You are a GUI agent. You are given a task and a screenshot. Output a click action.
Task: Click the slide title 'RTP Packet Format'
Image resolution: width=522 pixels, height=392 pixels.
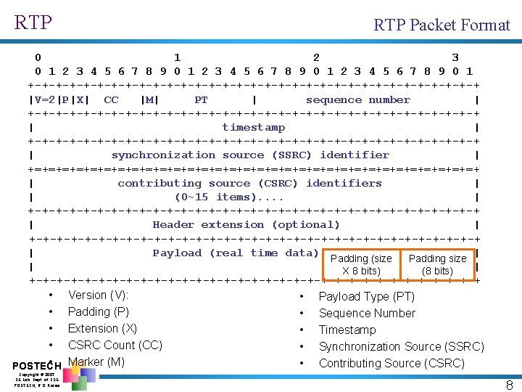tap(442, 25)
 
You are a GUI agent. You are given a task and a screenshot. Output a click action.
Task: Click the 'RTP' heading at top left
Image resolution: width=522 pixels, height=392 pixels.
tap(33, 23)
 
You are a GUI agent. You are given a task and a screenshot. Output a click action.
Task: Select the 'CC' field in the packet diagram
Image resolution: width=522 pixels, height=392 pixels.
tap(111, 100)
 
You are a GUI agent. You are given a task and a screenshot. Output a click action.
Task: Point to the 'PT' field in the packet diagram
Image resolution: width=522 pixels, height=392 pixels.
tap(201, 100)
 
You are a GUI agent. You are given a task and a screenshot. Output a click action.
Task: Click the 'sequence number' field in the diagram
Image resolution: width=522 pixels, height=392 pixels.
tap(357, 100)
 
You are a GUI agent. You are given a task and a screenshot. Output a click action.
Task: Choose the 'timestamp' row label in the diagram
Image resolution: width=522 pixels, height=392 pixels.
tap(253, 128)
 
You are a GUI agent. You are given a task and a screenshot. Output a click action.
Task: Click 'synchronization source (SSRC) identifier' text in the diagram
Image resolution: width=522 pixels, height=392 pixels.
tap(250, 155)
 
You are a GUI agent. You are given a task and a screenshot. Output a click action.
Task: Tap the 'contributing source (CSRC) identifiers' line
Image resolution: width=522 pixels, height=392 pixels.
tap(249, 184)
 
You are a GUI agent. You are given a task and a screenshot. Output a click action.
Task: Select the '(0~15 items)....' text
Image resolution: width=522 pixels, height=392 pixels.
tap(229, 197)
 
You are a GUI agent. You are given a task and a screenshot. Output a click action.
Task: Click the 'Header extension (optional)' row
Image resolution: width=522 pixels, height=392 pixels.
tap(246, 225)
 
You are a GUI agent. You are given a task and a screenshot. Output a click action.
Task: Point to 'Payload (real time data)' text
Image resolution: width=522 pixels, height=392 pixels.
tap(235, 253)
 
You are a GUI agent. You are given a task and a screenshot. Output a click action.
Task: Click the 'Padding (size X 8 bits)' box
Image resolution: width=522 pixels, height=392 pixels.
tap(360, 265)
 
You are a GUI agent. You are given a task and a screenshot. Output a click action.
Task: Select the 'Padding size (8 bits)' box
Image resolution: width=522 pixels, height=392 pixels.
tap(437, 265)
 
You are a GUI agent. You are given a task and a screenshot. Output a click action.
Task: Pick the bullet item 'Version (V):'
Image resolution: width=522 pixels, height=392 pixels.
tap(98, 295)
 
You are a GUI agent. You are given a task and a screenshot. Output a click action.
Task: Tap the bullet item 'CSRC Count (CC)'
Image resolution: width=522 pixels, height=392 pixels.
tap(115, 345)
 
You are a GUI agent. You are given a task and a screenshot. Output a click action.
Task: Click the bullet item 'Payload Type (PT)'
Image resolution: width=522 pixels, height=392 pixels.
tap(366, 296)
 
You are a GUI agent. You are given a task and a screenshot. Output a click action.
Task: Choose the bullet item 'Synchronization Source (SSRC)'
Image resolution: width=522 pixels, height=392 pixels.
tap(401, 346)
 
